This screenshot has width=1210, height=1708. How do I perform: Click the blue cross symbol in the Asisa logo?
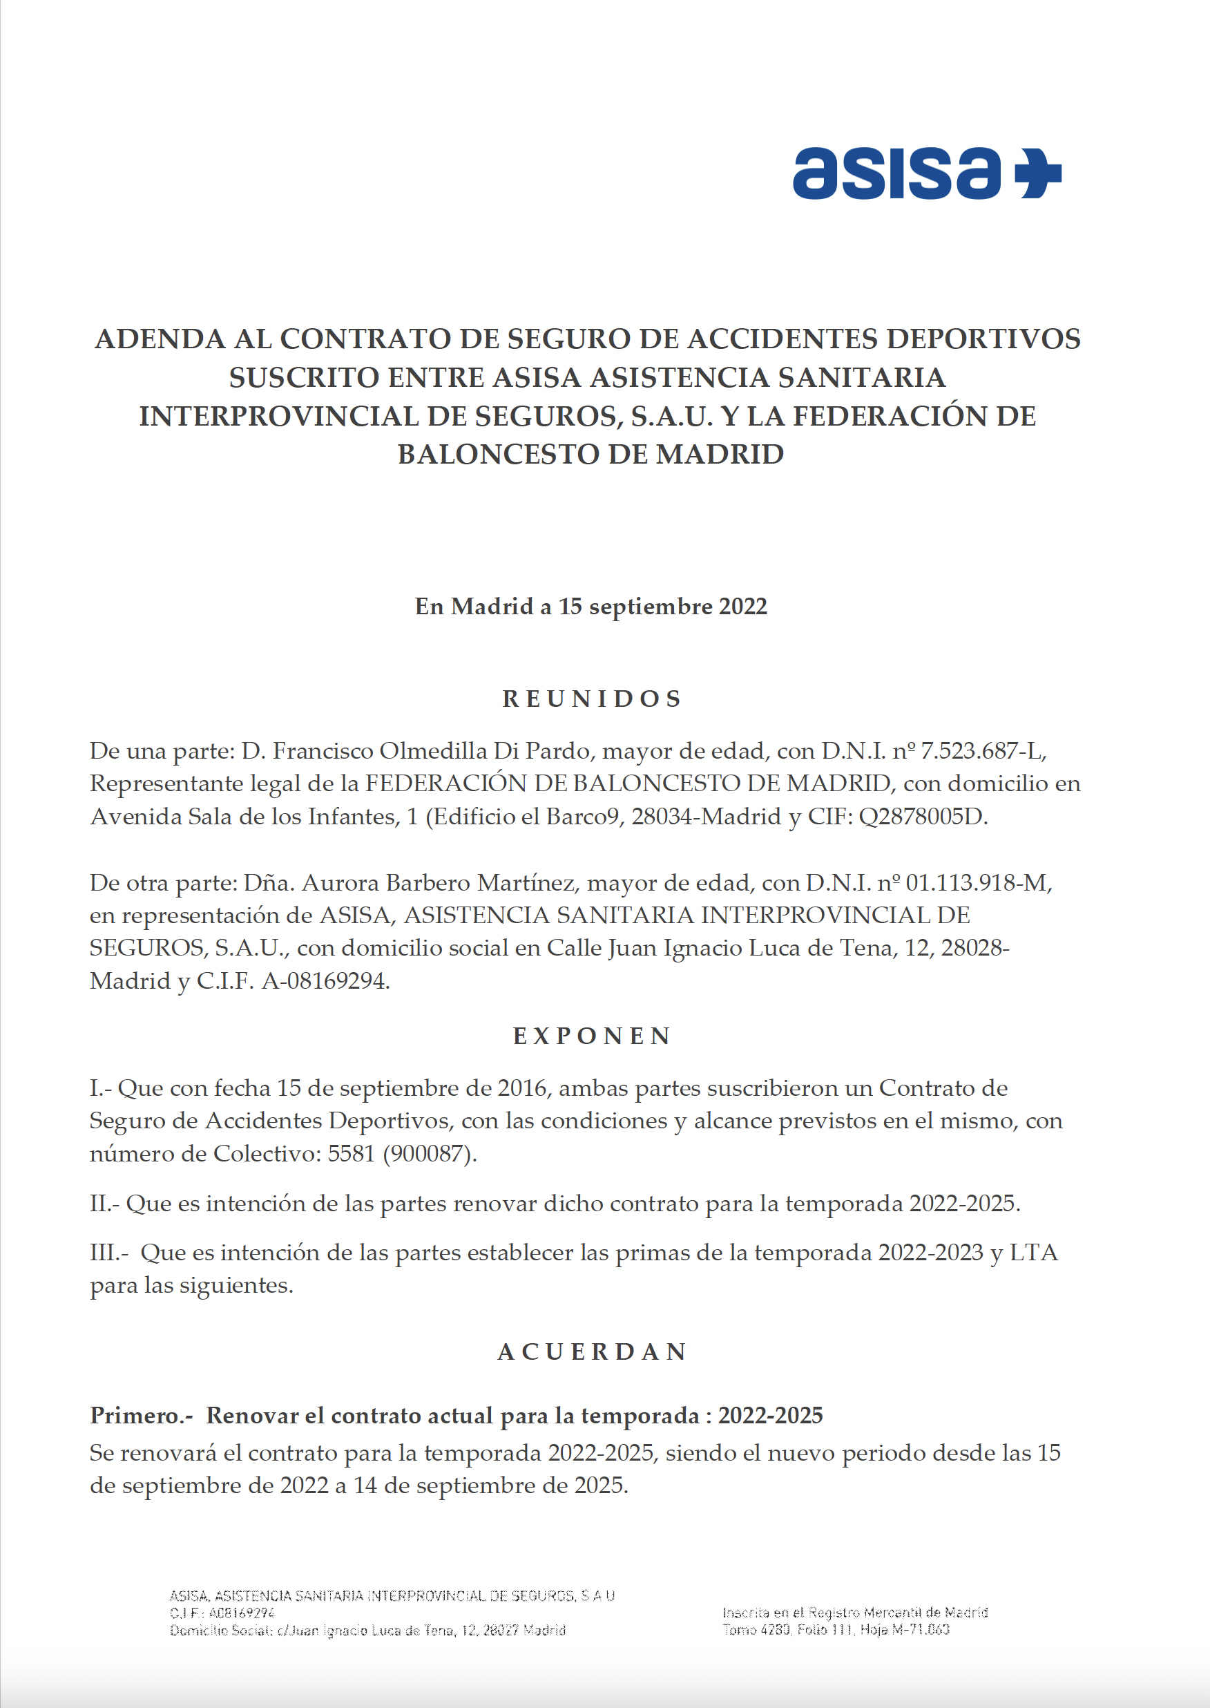1039,173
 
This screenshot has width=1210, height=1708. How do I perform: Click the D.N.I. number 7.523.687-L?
983,751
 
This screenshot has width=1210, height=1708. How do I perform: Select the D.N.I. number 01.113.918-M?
978,883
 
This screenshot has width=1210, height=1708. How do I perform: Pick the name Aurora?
340,883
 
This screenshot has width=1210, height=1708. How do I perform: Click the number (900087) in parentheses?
429,1154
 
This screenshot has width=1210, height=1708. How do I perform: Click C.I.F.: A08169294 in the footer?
222,1613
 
